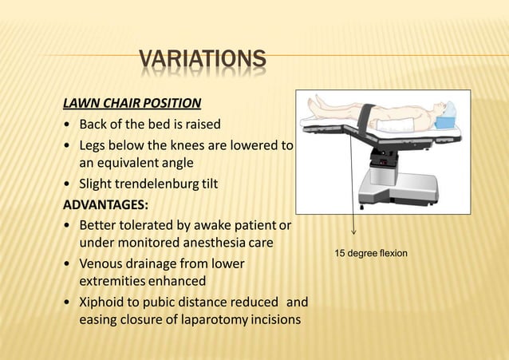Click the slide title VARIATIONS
click(202, 59)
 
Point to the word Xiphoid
click(104, 303)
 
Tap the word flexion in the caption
click(391, 254)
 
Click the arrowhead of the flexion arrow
click(353, 235)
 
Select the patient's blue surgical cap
click(450, 107)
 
